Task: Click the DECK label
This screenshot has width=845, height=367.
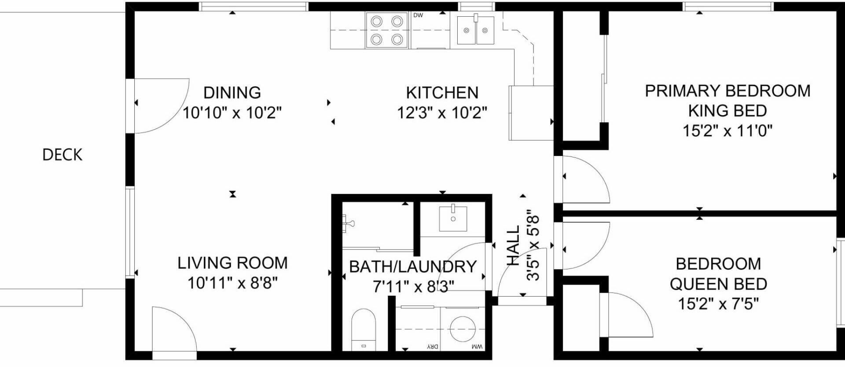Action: pos(62,155)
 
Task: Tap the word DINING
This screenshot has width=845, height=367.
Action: pos(232,93)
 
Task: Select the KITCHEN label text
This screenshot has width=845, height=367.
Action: pos(442,93)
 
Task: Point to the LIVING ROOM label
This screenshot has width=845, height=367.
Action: pos(232,263)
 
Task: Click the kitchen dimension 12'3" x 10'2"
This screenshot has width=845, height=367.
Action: pos(442,113)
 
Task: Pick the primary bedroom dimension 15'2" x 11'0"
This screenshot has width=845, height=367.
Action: pos(727,131)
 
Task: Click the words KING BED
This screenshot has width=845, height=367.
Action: pos(727,111)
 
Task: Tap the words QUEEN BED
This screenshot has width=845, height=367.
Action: pos(718,284)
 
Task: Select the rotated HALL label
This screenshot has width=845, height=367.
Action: pos(513,246)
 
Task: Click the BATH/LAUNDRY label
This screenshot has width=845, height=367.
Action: pos(413,267)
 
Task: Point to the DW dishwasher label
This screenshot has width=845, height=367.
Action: pos(418,15)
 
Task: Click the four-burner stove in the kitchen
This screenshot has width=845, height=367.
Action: pos(387,30)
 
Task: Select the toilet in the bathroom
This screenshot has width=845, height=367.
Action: pos(364,330)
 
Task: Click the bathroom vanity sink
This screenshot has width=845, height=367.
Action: pos(453,218)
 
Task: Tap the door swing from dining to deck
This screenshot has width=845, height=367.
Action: pos(162,105)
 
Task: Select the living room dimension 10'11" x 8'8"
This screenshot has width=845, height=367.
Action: pos(232,283)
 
